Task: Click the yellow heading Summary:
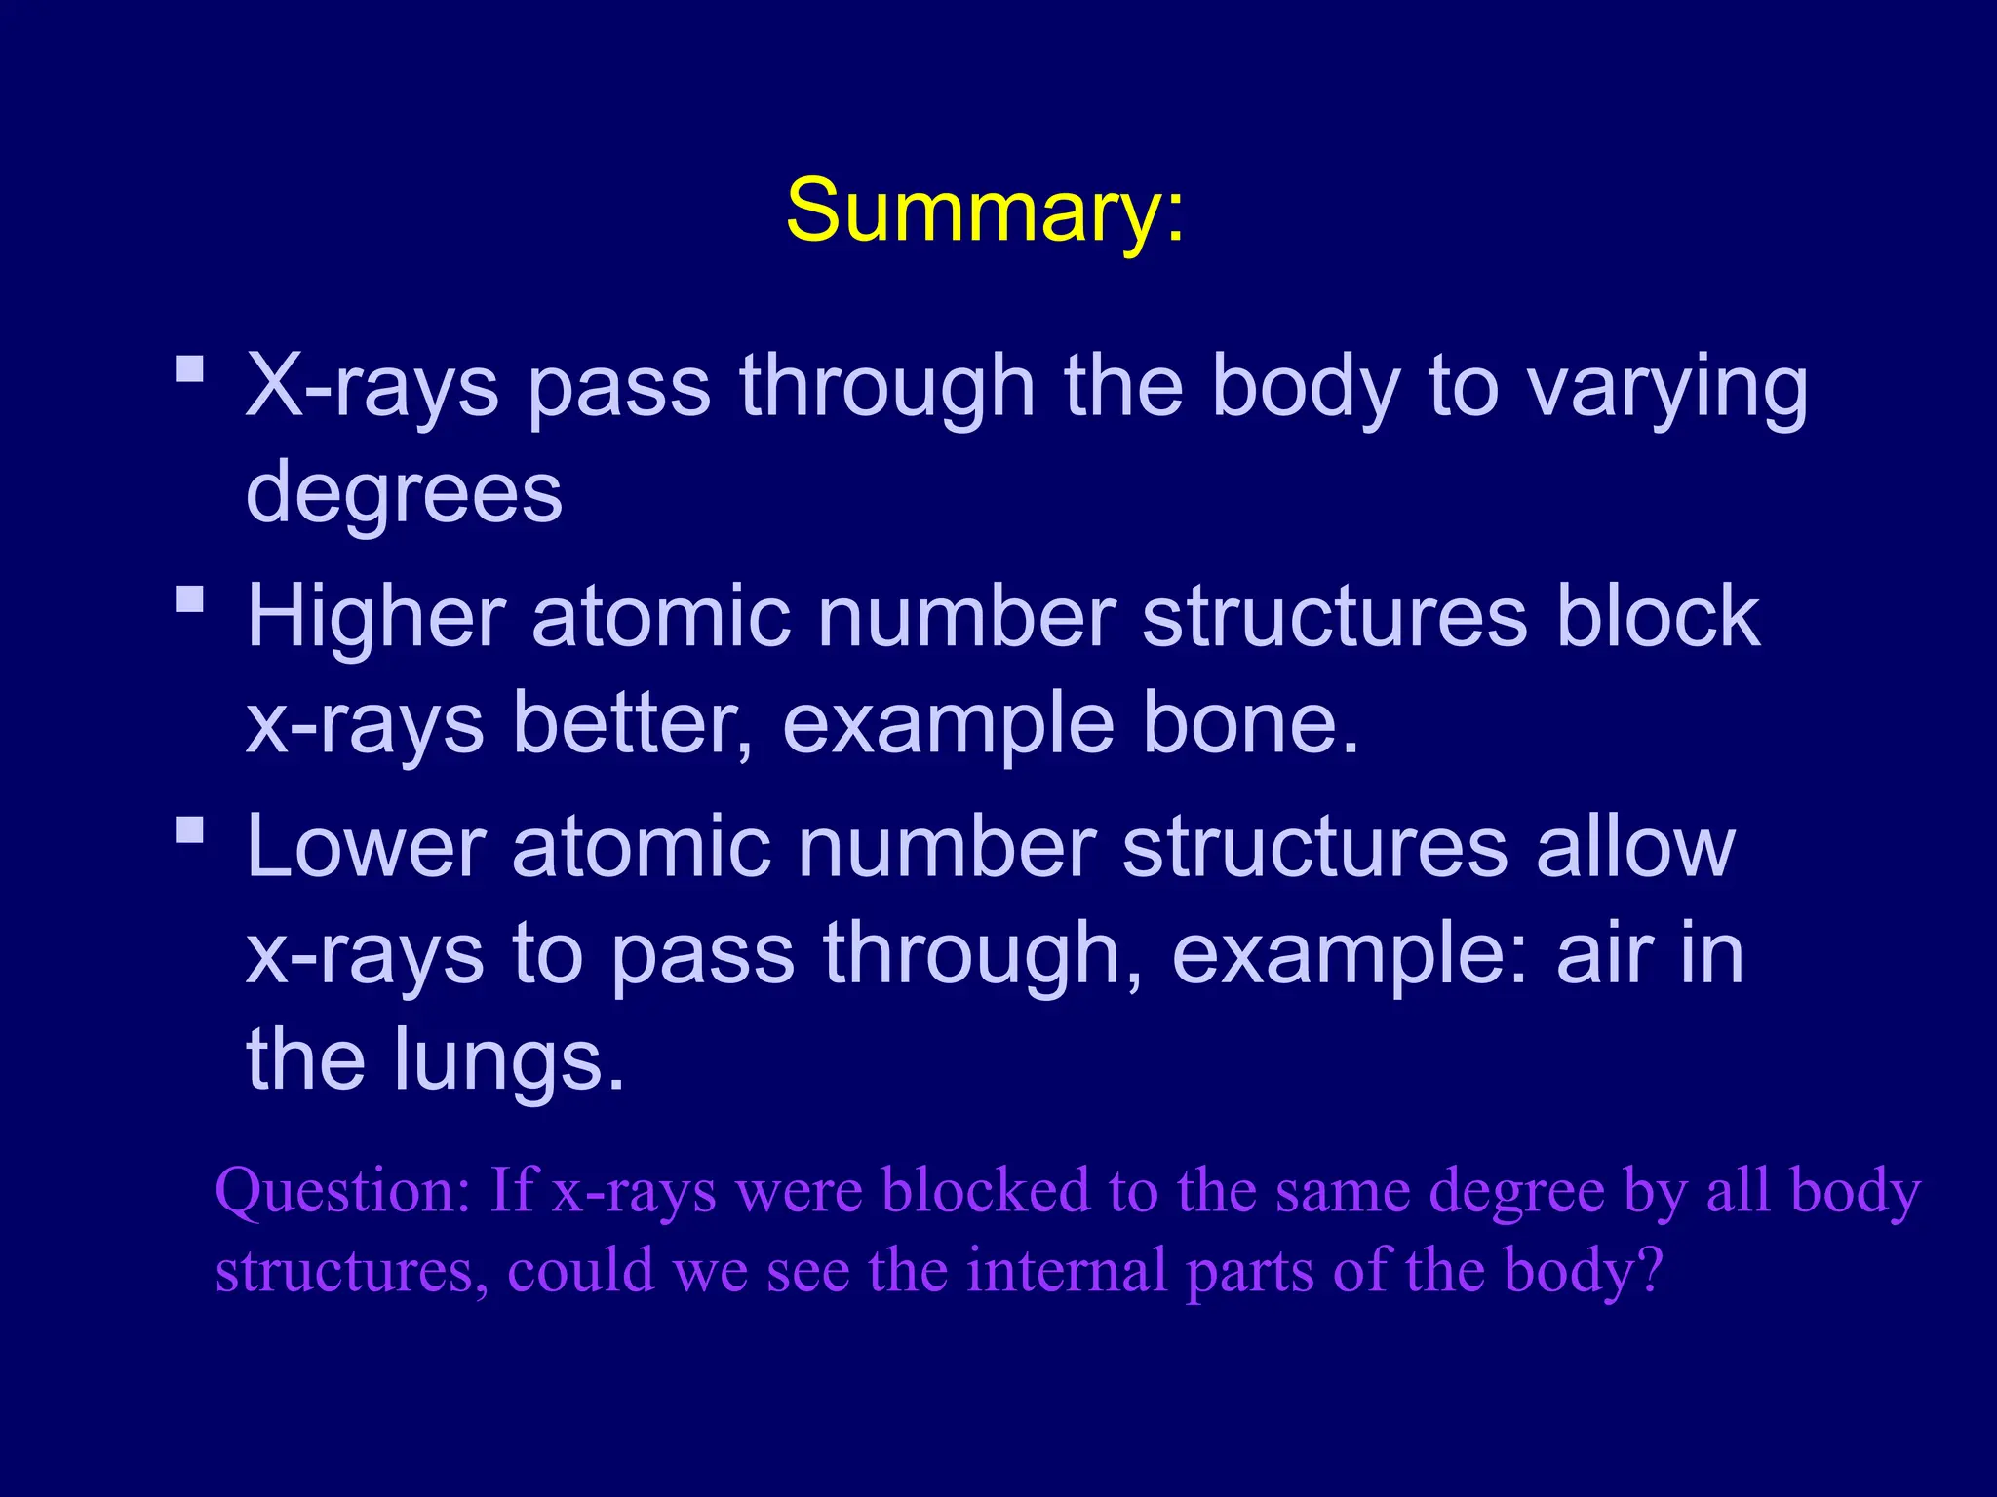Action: (x=985, y=211)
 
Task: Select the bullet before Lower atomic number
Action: (x=190, y=829)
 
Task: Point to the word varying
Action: (x=1667, y=388)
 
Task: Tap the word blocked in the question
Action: (x=985, y=1190)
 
